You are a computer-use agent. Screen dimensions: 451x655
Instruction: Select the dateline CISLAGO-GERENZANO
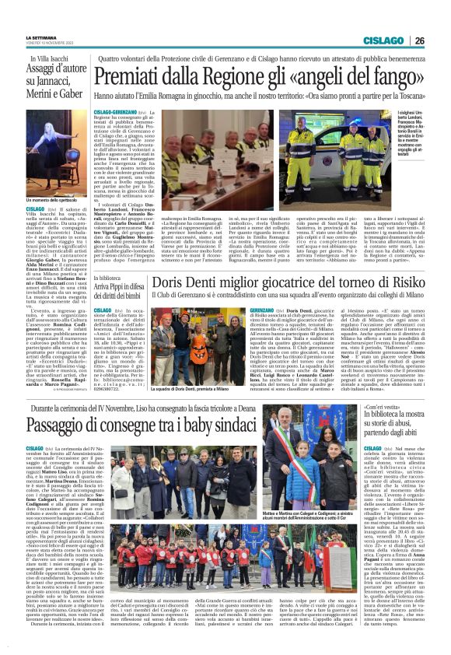click(115, 113)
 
